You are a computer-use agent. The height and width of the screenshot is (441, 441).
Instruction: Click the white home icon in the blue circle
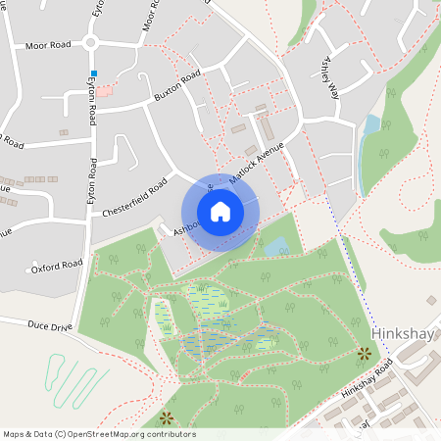coord(220,212)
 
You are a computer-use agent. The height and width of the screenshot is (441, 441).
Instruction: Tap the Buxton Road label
coord(177,86)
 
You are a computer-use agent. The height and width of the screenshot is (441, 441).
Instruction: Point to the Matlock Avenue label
coord(256,165)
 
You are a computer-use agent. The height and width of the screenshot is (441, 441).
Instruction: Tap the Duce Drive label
coord(50,325)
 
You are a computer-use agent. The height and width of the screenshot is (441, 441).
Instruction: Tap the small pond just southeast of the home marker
coord(276,246)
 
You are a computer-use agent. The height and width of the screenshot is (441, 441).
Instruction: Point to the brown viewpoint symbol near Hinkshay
coord(365,353)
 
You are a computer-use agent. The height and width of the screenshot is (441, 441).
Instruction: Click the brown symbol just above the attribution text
coord(166,417)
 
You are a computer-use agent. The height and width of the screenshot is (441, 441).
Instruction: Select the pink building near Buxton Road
coord(105,90)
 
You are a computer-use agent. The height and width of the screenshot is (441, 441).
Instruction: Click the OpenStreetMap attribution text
coord(98,434)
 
